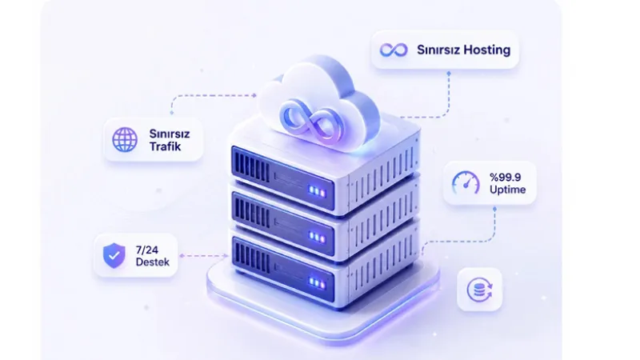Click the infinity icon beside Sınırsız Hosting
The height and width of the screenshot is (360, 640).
click(394, 50)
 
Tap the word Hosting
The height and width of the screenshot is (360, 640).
click(487, 50)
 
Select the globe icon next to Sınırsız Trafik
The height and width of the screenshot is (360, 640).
click(125, 139)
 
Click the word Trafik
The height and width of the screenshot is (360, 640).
click(165, 146)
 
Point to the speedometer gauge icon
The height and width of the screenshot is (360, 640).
click(466, 183)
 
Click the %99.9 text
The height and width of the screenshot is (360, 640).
click(506, 177)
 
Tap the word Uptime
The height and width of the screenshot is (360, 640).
click(507, 190)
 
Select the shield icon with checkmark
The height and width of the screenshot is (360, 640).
click(114, 255)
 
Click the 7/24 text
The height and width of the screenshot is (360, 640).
click(147, 250)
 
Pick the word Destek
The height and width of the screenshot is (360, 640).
click(152, 262)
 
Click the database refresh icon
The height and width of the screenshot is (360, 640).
click(479, 290)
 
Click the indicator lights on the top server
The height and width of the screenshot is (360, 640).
click(317, 191)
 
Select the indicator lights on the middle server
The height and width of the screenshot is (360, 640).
click(317, 236)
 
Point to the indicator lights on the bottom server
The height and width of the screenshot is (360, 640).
click(317, 282)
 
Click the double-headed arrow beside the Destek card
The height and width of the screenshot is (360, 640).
click(204, 256)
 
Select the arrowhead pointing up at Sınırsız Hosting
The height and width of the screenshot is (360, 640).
click(449, 74)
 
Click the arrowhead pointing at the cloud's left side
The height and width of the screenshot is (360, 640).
click(254, 95)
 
